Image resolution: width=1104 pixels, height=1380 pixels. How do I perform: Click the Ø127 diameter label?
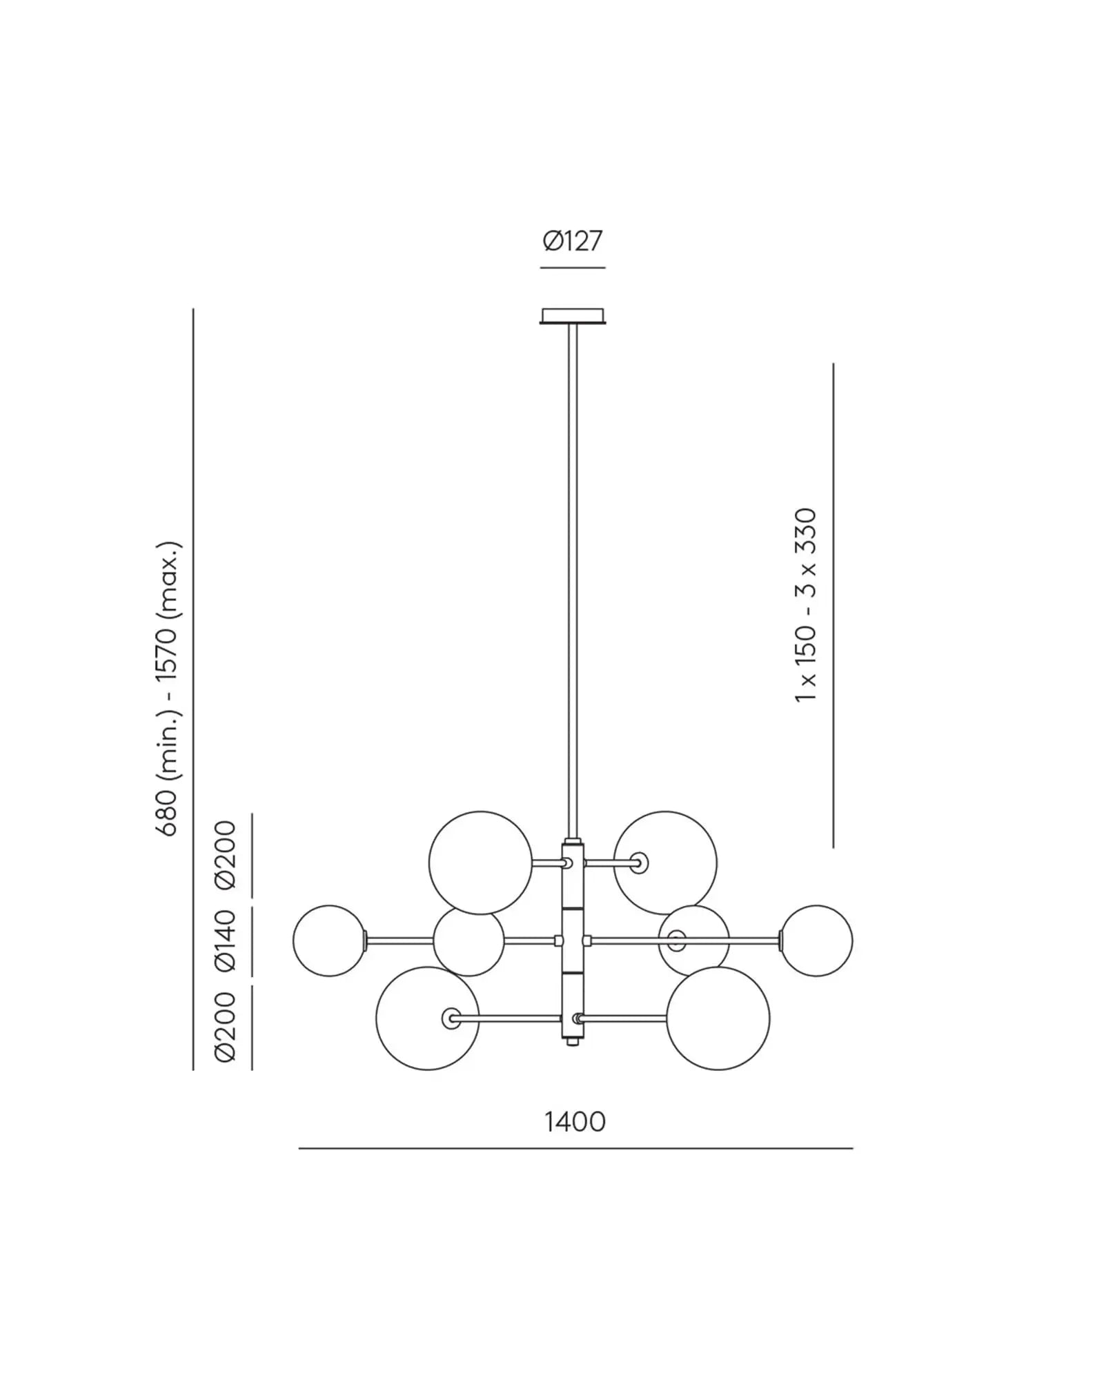573,241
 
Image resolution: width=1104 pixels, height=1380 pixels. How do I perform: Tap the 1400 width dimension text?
575,1123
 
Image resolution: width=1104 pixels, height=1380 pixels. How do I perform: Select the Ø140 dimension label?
226,940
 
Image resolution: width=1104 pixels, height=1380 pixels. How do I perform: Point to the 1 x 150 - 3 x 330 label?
805,605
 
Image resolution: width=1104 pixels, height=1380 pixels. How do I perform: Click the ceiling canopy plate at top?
573,316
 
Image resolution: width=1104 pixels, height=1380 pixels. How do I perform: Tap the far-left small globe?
329,940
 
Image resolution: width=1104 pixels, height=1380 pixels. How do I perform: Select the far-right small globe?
816,940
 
